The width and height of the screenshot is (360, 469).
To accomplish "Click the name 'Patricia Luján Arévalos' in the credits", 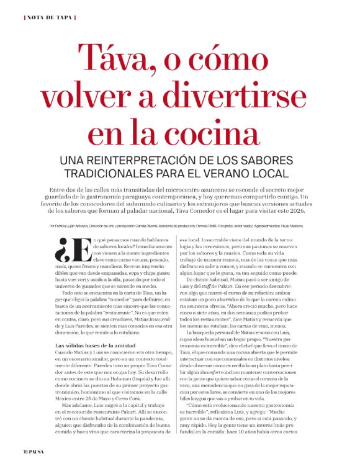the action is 70,227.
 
